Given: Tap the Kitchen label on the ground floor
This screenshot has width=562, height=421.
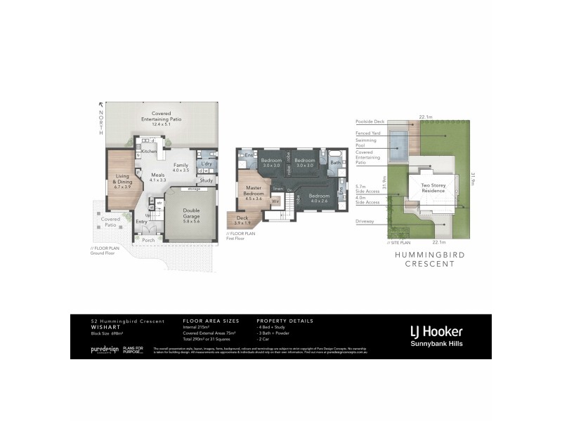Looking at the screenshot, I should (149, 152).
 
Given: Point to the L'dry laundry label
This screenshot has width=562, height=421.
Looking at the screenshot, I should (207, 163).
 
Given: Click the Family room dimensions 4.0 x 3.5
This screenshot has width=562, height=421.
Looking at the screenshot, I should (181, 171).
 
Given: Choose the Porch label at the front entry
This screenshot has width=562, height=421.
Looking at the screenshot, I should (148, 240).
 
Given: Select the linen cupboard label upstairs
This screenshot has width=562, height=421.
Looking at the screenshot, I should (277, 188).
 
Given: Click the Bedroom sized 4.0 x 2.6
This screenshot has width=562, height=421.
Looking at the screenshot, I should (320, 199).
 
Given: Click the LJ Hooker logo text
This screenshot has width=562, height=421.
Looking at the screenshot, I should (436, 331).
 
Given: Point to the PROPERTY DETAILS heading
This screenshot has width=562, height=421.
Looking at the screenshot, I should (285, 321).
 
